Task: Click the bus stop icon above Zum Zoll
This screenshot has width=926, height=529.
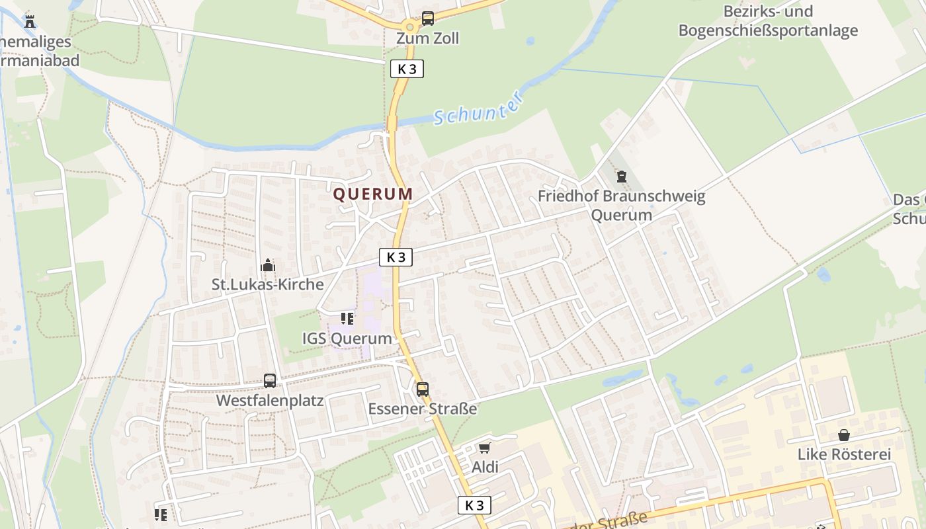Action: click(428, 19)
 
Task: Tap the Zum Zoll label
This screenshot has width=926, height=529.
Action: click(427, 38)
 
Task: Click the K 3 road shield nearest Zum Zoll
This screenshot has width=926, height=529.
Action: click(407, 69)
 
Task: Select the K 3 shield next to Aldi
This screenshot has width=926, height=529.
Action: click(474, 505)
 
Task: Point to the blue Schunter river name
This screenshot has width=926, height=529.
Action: click(480, 108)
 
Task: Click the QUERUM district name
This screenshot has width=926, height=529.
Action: click(373, 194)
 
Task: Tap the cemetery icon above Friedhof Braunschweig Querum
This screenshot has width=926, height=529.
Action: click(621, 177)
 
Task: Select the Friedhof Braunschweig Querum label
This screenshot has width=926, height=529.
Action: click(621, 206)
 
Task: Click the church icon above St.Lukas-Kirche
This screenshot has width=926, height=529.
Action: click(268, 265)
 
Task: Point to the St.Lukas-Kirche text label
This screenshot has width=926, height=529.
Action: click(268, 284)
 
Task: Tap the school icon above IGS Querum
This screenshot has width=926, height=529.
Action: click(347, 319)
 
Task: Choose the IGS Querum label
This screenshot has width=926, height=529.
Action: click(347, 339)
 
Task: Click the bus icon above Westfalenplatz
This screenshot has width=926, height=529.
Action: click(270, 380)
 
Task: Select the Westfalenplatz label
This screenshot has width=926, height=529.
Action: click(270, 401)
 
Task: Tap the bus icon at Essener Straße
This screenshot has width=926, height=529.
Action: click(423, 389)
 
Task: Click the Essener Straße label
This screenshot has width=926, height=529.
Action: click(423, 409)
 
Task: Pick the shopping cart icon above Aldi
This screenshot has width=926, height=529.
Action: click(485, 448)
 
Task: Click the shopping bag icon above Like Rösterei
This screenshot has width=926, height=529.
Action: click(844, 435)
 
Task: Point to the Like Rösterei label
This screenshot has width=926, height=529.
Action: click(844, 454)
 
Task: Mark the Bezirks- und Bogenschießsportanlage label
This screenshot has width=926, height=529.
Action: click(768, 21)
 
